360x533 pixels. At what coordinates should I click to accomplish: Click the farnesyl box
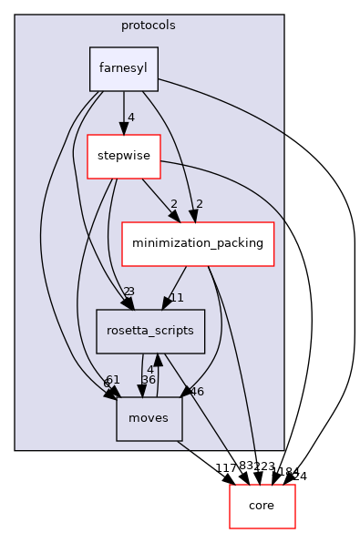coord(124,69)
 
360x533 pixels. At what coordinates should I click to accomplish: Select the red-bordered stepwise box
coord(123,156)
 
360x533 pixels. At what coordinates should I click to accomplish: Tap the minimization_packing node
coord(198,243)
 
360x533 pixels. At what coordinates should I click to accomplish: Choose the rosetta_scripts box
coord(150,331)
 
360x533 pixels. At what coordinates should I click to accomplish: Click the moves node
coord(149,418)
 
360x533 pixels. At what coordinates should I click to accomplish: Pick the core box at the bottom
coord(262,506)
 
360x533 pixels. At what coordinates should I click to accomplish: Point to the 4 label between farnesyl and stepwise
coord(131,118)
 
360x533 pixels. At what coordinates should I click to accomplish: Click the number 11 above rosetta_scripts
coord(177,297)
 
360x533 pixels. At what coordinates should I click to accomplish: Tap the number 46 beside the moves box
coord(197,391)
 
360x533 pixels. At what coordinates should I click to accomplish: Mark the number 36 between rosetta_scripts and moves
coord(149,380)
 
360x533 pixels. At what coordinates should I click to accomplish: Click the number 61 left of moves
coord(113,380)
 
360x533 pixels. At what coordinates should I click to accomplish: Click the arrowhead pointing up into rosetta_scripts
coord(159,360)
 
